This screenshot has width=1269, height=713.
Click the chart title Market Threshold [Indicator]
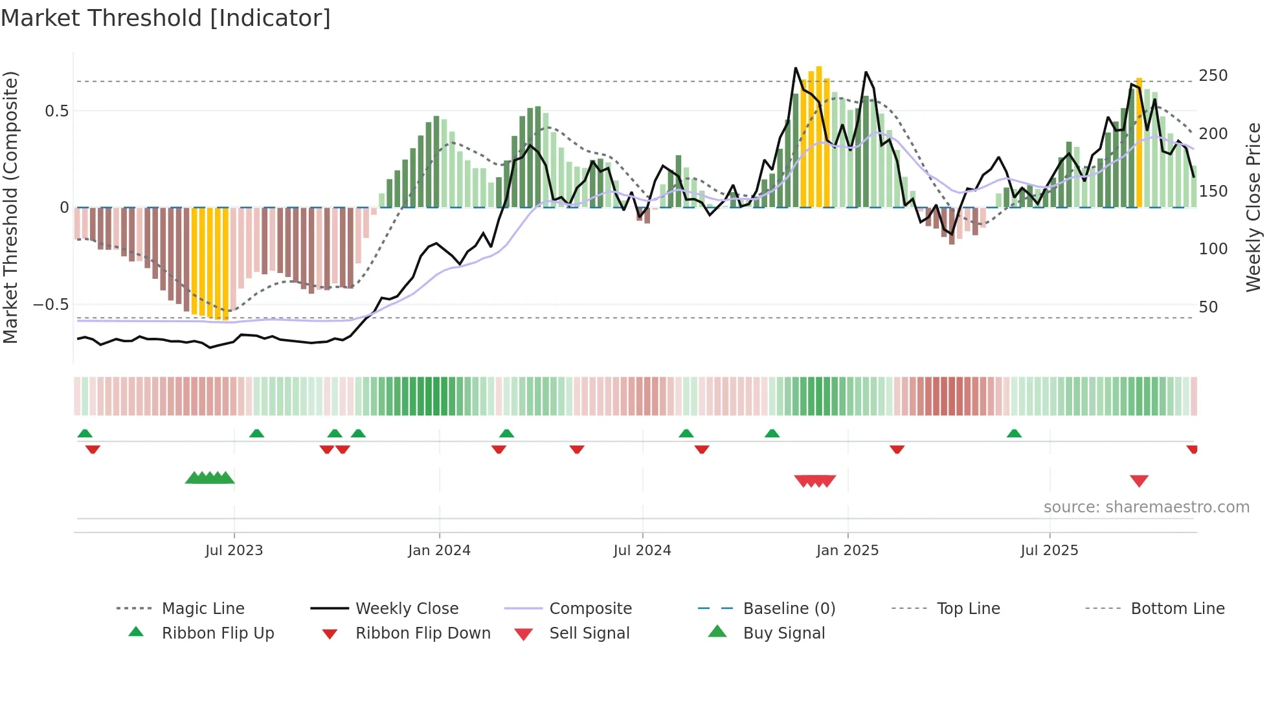[166, 18]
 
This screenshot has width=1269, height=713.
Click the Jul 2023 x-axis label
[234, 551]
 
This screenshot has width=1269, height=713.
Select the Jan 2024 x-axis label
[439, 551]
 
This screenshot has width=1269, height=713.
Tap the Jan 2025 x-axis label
[847, 551]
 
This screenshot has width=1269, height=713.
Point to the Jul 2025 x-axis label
[1049, 551]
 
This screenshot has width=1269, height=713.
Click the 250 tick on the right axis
[1213, 76]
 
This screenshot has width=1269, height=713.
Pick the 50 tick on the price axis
[1208, 307]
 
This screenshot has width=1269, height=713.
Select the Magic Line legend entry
[203, 609]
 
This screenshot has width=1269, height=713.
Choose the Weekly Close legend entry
[407, 609]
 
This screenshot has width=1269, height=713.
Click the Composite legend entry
[590, 609]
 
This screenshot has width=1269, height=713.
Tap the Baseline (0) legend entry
[789, 609]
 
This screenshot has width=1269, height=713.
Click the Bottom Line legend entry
[1177, 609]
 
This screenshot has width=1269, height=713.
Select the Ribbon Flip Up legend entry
[218, 633]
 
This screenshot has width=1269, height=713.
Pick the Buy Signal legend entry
[783, 633]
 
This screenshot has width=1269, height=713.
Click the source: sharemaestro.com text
[1146, 507]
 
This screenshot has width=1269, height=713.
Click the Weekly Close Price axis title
[1253, 207]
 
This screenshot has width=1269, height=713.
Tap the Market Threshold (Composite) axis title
[10, 207]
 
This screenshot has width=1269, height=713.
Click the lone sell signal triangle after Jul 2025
[1139, 481]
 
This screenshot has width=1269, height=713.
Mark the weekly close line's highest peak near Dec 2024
[796, 68]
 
